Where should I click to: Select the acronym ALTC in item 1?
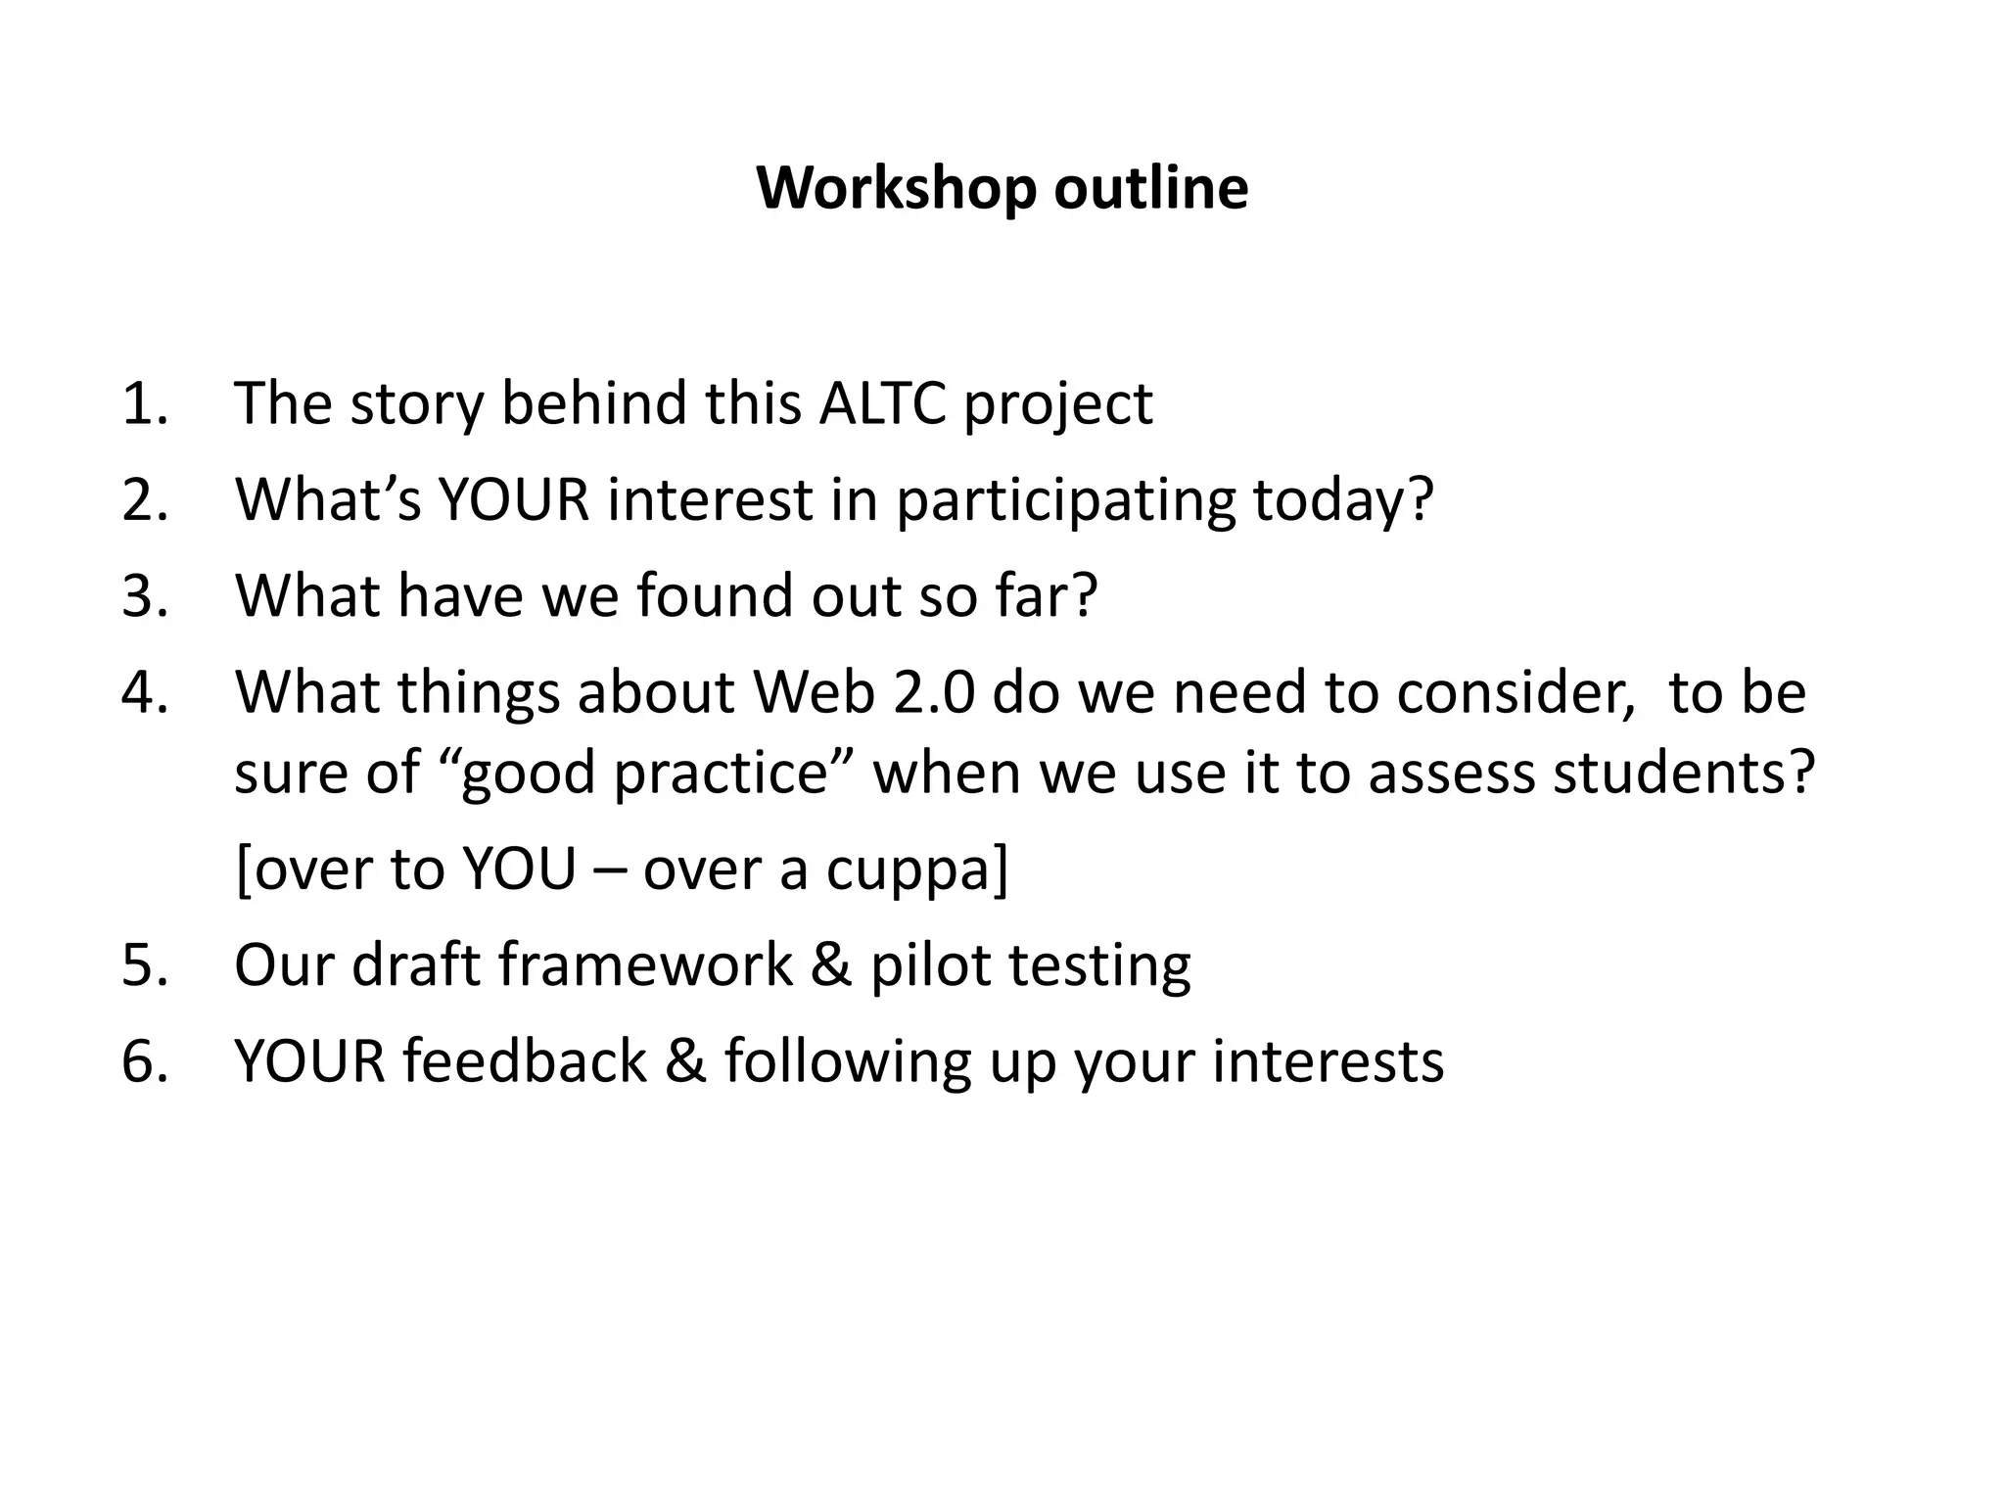click(882, 402)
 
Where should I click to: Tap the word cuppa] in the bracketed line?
click(915, 869)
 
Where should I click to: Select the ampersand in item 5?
click(831, 963)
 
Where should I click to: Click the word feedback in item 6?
click(525, 1060)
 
